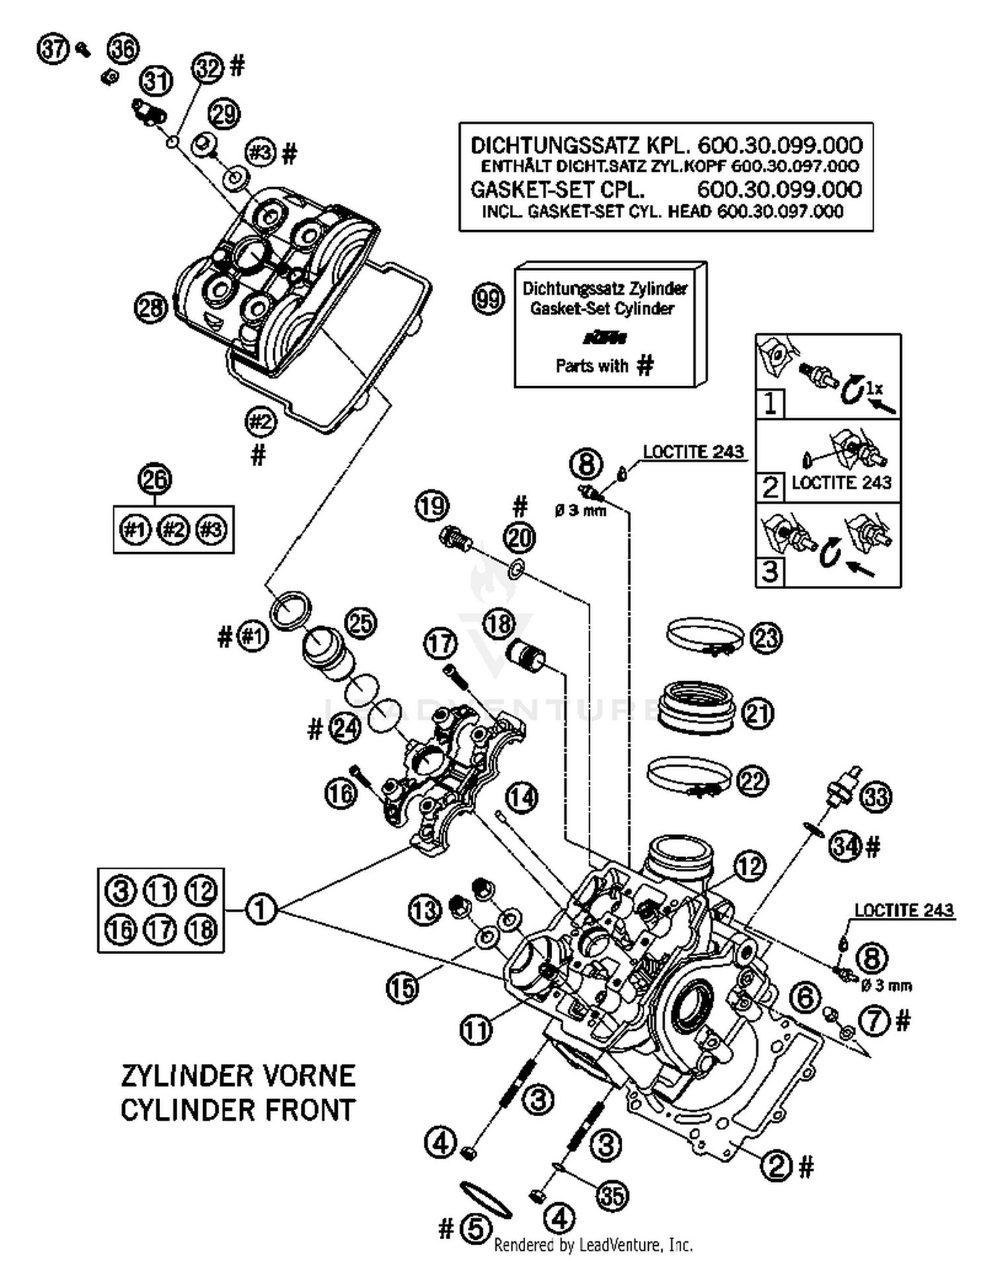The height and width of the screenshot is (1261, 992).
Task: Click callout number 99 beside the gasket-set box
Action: [x=488, y=300]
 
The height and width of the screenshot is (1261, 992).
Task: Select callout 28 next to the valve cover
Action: [x=151, y=307]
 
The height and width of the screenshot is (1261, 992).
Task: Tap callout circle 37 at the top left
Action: [x=54, y=50]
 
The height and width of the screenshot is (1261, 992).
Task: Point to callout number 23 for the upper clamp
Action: [x=766, y=639]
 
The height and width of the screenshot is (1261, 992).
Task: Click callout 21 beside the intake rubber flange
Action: [x=758, y=713]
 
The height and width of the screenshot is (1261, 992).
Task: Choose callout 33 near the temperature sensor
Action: [x=874, y=797]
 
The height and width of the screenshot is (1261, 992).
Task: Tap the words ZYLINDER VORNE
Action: [x=238, y=1076]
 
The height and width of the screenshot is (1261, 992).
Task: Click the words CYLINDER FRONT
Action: [x=238, y=1110]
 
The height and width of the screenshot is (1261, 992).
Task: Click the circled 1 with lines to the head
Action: [x=261, y=909]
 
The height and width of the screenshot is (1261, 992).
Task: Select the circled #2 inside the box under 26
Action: [x=174, y=530]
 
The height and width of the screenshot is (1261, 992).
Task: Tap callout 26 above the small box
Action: [x=154, y=479]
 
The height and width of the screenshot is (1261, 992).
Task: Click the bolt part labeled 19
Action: [x=455, y=538]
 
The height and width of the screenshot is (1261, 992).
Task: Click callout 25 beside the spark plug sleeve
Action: [x=360, y=624]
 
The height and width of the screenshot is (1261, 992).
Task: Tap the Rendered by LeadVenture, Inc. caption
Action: [x=593, y=1245]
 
